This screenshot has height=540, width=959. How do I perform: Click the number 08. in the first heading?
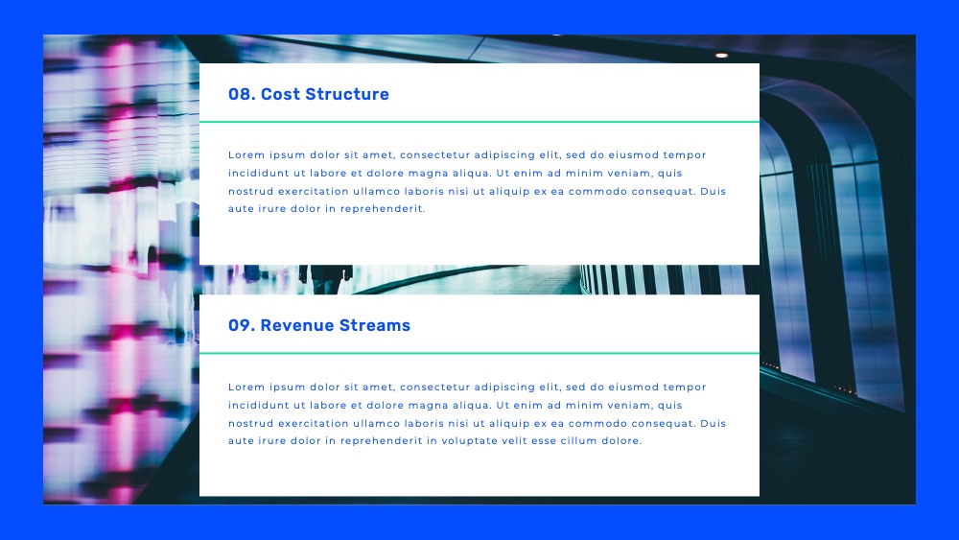point(242,94)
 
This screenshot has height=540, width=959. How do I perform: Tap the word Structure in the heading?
point(347,94)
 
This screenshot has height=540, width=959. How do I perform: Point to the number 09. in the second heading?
point(242,325)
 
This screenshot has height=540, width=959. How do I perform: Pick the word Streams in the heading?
point(374,325)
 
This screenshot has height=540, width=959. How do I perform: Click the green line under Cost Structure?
point(479,122)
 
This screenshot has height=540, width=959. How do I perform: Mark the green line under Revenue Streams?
point(479,353)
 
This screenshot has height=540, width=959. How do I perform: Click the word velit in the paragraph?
point(514,440)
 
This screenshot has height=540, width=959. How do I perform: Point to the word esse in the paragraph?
point(544,440)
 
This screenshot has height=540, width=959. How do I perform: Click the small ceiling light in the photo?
point(722,55)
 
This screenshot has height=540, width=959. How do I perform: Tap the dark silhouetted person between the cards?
point(326,279)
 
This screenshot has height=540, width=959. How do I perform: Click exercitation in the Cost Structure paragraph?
point(313,192)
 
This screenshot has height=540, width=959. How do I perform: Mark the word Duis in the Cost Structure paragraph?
point(713,192)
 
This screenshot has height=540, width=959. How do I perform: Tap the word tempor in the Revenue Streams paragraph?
point(685,387)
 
